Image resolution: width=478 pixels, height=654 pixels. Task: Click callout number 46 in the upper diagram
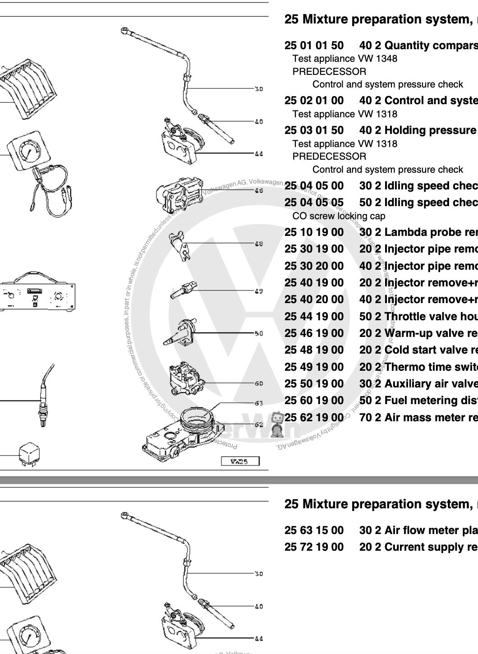tap(258, 191)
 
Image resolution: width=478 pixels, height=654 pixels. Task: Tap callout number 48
tap(258, 244)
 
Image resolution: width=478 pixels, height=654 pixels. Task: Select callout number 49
tap(258, 291)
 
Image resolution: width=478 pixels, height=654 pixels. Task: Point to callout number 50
tap(258, 334)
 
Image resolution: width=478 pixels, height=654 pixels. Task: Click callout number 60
tap(258, 384)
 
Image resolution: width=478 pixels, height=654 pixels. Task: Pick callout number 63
tap(258, 403)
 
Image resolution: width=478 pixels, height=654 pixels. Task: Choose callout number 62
tap(258, 425)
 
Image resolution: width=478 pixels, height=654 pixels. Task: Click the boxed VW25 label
tap(240, 461)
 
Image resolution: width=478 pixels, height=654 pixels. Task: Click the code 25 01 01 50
tap(314, 46)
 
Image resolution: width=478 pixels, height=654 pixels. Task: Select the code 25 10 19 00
tap(314, 232)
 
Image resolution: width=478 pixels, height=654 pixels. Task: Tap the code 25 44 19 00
tap(314, 317)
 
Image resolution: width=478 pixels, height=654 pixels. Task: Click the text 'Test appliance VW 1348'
tap(345, 59)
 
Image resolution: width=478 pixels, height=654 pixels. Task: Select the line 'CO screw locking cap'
tap(339, 216)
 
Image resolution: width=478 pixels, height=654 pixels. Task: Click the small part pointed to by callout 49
tap(184, 291)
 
